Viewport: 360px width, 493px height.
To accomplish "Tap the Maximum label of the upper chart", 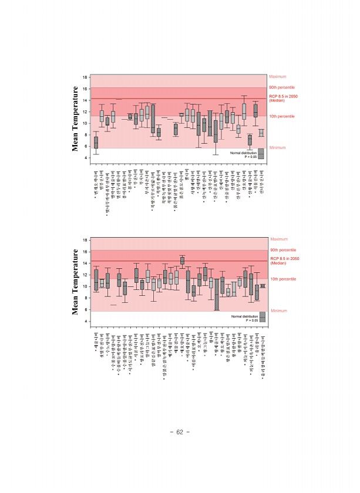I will [x=277, y=77].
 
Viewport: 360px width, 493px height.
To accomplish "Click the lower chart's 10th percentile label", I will [x=282, y=279].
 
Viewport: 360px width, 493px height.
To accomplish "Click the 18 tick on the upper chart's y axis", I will [x=85, y=77].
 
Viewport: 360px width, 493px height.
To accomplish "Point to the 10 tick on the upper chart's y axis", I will [x=85, y=123].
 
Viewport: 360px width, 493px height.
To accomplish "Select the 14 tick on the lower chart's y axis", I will [x=85, y=263].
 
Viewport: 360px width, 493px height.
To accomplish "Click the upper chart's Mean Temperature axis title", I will [x=76, y=118].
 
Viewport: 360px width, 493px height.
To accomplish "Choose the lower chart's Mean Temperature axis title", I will [x=76, y=281].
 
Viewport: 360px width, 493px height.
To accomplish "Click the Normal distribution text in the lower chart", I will [x=243, y=316].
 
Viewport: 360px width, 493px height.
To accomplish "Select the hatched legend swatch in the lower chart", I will [x=263, y=317].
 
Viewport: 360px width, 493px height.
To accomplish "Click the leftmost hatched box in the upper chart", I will [x=96, y=142].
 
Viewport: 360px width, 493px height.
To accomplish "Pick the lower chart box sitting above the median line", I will [x=182, y=260].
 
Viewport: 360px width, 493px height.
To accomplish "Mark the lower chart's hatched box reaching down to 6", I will [x=217, y=295].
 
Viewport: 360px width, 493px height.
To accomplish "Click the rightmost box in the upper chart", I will [x=261, y=133].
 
